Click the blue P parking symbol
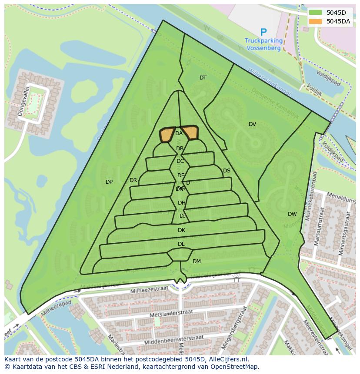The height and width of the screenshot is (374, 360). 263,32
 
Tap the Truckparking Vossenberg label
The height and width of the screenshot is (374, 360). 263,44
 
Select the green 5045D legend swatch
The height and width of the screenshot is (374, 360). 316,13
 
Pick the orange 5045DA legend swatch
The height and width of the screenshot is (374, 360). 316,21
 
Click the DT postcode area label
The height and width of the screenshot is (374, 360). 203,78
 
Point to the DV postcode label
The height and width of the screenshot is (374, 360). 252,124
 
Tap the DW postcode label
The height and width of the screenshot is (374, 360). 292,214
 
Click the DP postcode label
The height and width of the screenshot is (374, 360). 109,182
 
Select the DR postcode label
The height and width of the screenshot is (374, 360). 133,180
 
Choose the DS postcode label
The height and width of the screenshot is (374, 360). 227,171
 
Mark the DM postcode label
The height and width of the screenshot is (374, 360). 197,261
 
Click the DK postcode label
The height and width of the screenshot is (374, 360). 181,230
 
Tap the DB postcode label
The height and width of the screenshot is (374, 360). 180,149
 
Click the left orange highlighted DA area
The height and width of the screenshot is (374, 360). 167,135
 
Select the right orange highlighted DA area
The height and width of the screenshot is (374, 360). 190,132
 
